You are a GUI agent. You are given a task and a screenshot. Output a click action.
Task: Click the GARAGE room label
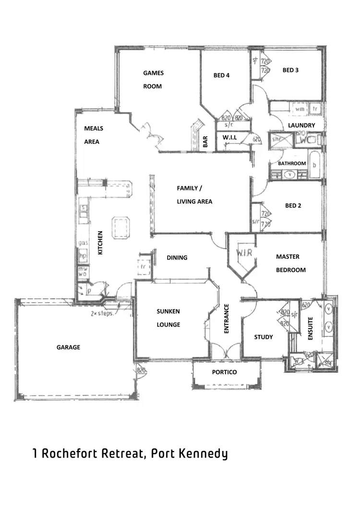68,347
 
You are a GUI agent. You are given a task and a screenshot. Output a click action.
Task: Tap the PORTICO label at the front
224,372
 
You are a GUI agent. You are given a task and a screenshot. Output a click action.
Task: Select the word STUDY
263,337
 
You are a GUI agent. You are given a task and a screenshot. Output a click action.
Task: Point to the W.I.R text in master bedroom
241,252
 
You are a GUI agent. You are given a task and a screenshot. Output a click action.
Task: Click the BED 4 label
221,75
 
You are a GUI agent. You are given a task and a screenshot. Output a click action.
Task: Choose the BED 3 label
290,70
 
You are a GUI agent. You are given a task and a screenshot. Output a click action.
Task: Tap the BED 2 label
293,206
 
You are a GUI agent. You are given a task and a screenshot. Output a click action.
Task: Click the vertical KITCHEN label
100,243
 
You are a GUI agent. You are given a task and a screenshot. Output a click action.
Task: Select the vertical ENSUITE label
310,328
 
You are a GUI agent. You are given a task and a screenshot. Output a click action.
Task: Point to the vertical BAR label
205,142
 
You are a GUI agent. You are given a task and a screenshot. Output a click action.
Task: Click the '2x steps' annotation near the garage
101,314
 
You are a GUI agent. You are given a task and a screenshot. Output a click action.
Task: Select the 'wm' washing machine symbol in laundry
300,109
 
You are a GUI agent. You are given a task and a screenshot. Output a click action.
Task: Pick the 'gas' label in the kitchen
82,244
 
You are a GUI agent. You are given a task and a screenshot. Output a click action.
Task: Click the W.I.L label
229,138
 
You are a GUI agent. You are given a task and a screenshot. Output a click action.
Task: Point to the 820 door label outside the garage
141,370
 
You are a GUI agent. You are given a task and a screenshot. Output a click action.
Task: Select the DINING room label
177,258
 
